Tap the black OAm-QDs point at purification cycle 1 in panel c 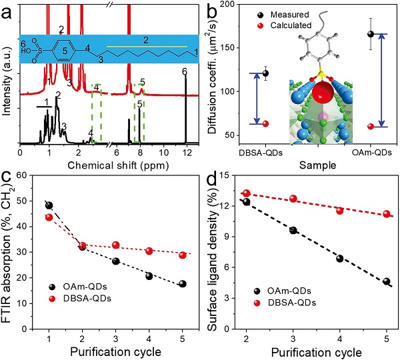(x=49, y=205)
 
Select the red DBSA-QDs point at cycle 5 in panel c (x=182, y=255)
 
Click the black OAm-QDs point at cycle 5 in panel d (x=387, y=281)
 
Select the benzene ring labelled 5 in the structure (x=65, y=49)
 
